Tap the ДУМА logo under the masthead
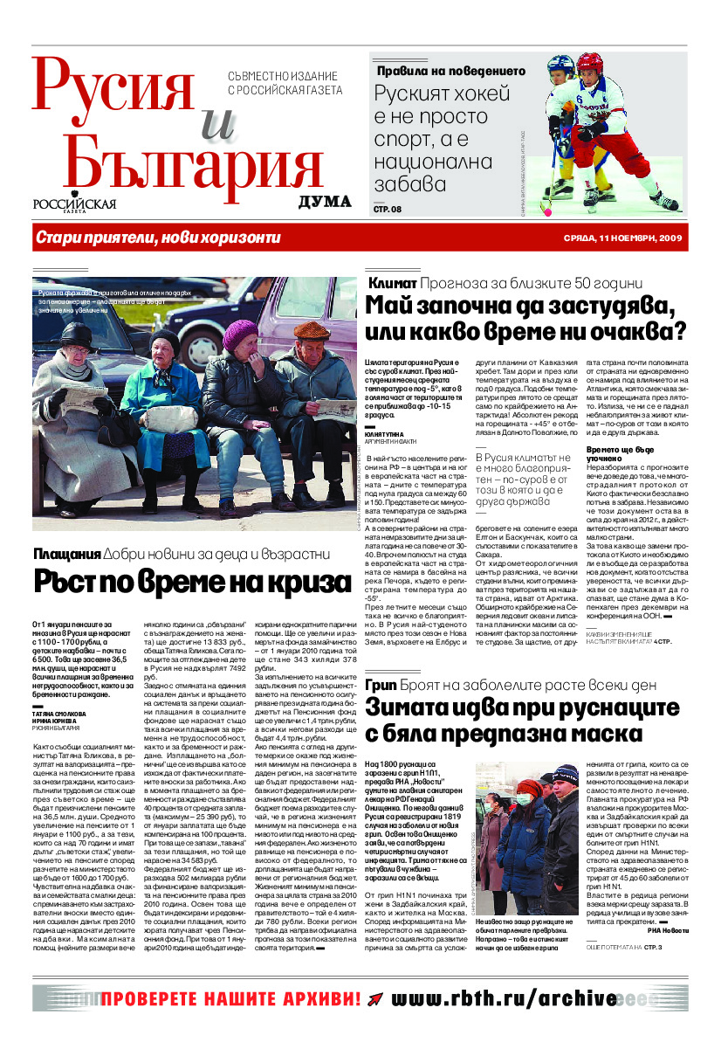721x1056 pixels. pyautogui.click(x=325, y=203)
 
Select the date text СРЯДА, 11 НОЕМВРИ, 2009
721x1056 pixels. pyautogui.click(x=621, y=238)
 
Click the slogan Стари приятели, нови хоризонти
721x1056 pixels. pyautogui.click(x=158, y=238)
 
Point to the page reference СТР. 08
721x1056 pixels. pyautogui.click(x=388, y=209)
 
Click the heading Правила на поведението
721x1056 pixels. pyautogui.click(x=450, y=71)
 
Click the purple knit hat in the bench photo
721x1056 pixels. pyautogui.click(x=240, y=334)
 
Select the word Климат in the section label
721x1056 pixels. pyautogui.click(x=391, y=284)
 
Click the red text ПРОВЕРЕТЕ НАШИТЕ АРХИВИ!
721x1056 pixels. pyautogui.click(x=230, y=998)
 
